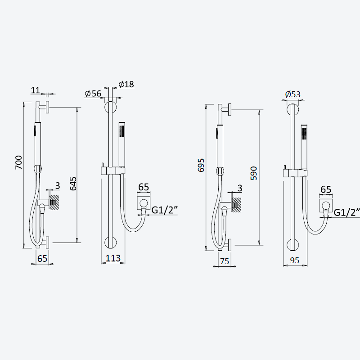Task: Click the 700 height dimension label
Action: (x=19, y=162)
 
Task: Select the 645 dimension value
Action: (x=73, y=184)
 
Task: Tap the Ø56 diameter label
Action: (x=93, y=94)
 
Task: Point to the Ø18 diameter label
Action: (x=126, y=84)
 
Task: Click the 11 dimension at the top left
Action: (x=36, y=90)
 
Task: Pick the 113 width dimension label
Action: (x=113, y=258)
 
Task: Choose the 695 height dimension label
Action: (x=201, y=165)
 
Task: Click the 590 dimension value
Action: (x=254, y=173)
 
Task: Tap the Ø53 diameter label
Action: (x=293, y=94)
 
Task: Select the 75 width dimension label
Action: (x=225, y=261)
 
